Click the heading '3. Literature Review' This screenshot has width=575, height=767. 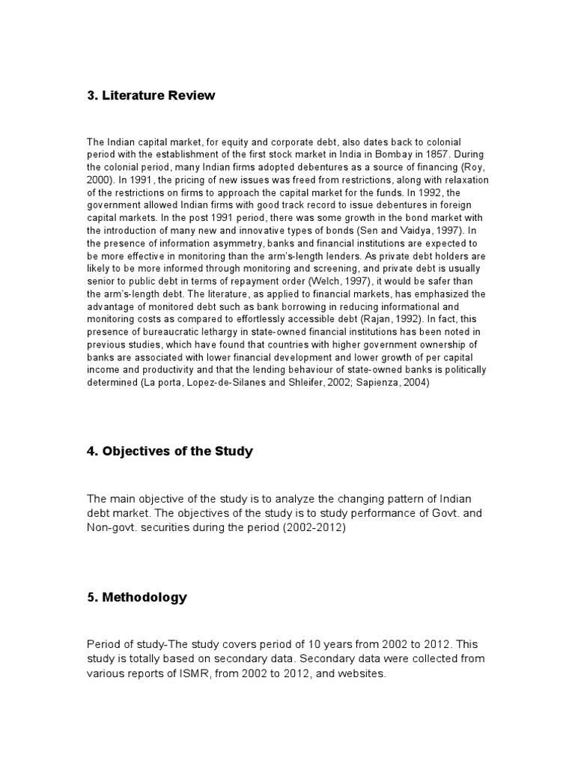pyautogui.click(x=150, y=95)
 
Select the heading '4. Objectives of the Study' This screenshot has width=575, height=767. pyautogui.click(x=170, y=452)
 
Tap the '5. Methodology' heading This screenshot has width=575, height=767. pyautogui.click(x=137, y=597)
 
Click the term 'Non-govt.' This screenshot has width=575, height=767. pyautogui.click(x=112, y=528)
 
